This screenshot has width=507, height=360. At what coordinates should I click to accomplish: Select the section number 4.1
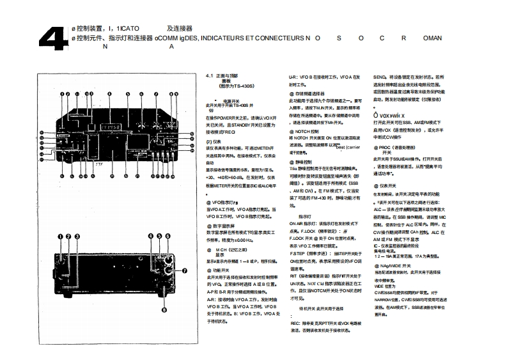210,75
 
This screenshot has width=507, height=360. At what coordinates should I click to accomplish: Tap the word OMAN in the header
432,38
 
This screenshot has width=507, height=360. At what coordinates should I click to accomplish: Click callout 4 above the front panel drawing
109,95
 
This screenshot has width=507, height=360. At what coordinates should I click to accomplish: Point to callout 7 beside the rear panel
184,270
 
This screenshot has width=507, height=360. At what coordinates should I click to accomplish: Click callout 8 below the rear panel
164,309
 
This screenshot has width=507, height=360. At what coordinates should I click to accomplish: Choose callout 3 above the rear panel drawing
77,236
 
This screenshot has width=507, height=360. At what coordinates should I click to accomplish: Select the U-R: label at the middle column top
295,76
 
